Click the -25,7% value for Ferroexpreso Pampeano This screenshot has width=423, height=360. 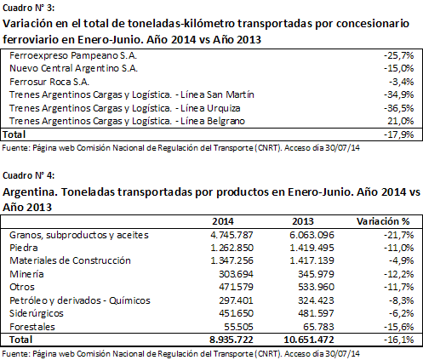coord(398,55)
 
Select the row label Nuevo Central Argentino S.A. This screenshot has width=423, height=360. coord(73,69)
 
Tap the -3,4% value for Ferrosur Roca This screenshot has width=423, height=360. coord(401,82)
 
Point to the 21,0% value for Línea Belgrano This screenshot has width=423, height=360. coord(401,121)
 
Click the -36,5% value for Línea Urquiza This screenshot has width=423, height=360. coord(398,108)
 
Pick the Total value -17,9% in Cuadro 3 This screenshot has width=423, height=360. coord(398,134)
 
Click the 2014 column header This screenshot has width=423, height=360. coord(223,221)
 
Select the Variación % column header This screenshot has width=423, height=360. coord(383,221)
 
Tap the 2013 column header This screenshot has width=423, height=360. coord(303,221)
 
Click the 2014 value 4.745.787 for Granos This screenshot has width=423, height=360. coord(232,235)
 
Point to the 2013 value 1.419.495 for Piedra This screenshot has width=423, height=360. coord(312,248)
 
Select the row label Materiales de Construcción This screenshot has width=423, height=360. coord(70,260)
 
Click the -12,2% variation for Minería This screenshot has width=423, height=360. coord(398,274)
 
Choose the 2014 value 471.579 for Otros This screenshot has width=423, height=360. coord(236,287)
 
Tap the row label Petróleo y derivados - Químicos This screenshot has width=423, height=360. coord(80,300)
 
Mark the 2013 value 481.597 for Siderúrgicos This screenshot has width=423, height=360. coord(316,313)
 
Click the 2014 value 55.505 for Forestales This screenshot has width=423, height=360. coord(238,327)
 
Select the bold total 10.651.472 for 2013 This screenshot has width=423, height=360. coord(309,340)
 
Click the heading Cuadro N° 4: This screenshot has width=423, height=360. coord(28,175)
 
